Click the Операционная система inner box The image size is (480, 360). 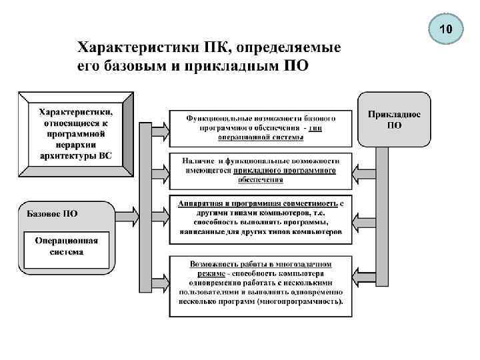click(x=66, y=247)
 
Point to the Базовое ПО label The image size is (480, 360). click(x=52, y=214)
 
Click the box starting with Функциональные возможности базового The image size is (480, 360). click(x=259, y=127)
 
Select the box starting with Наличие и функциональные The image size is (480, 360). click(x=259, y=171)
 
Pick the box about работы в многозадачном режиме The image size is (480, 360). click(x=259, y=287)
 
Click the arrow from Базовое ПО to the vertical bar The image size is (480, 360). click(x=128, y=215)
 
